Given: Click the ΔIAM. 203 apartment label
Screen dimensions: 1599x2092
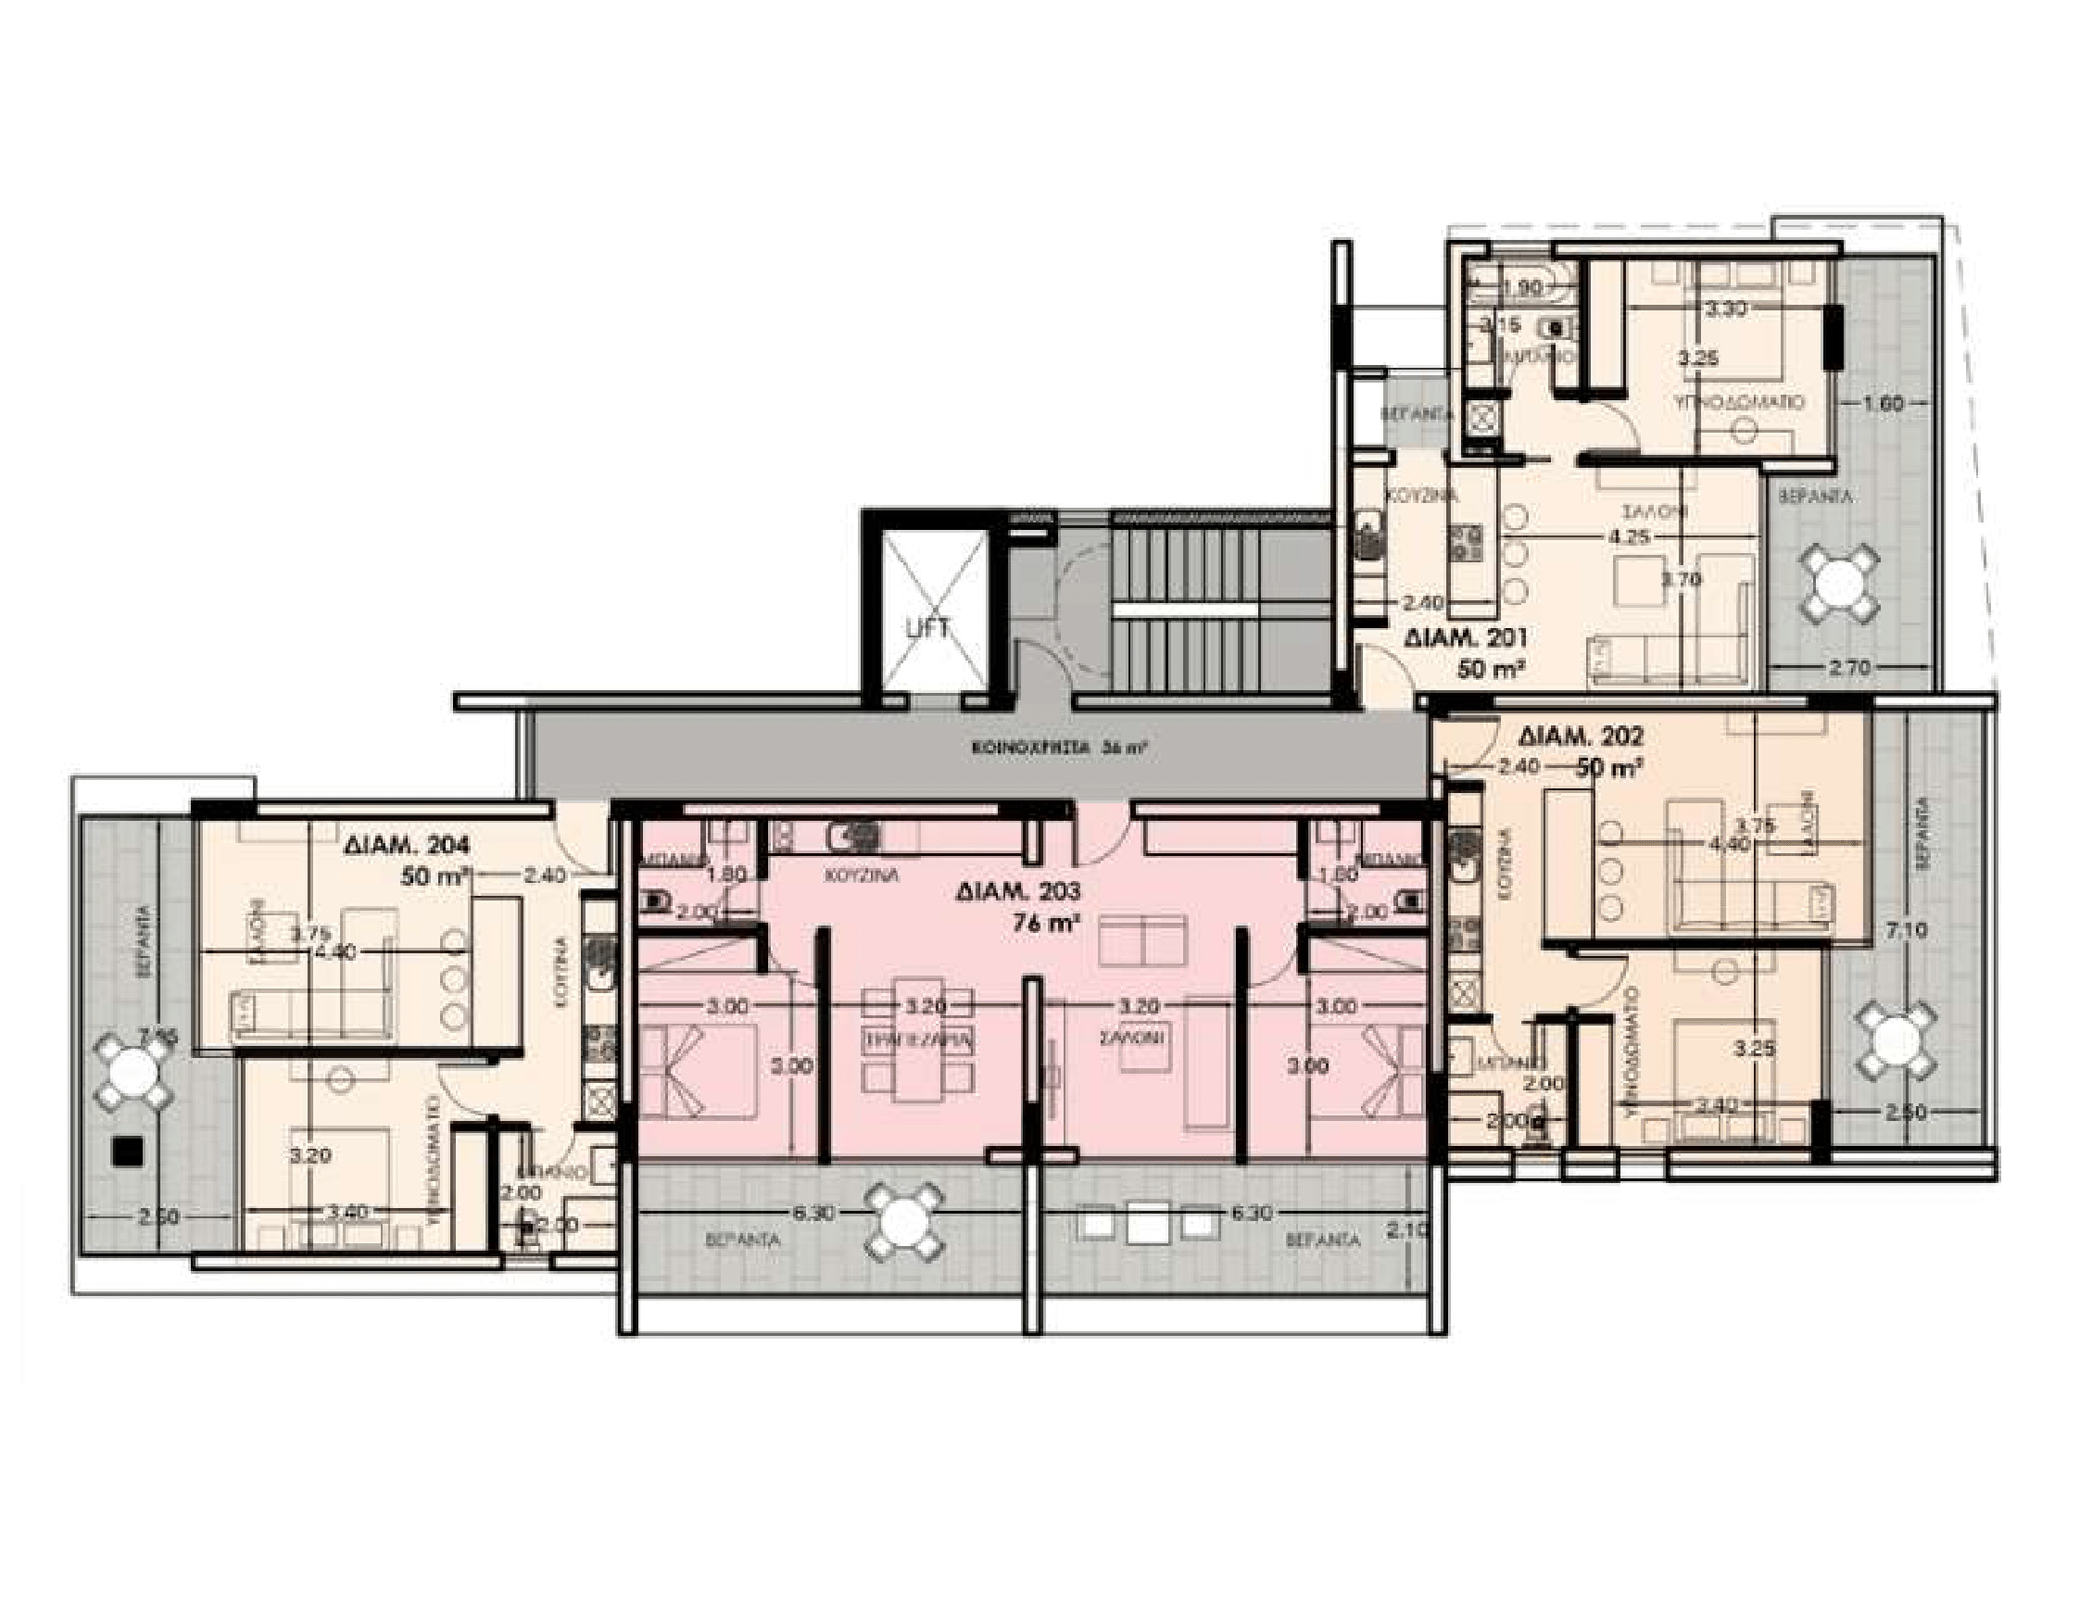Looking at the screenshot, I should pos(1016,892).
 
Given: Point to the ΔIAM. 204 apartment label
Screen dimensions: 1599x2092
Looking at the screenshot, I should pos(408,844).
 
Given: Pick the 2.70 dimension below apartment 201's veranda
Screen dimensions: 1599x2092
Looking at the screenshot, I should pos(1850,668).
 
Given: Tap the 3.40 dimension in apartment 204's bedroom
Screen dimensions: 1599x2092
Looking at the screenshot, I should pos(347,1212).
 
